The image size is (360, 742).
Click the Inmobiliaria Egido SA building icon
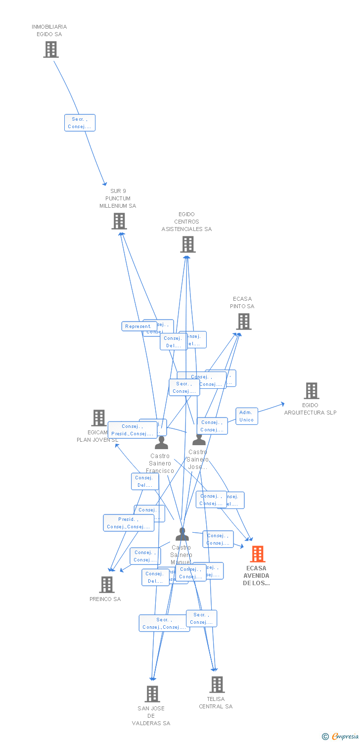click(51, 49)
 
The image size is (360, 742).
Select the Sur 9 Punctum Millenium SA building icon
click(119, 221)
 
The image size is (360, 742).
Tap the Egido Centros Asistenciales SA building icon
click(187, 244)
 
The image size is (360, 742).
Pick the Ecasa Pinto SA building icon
click(243, 322)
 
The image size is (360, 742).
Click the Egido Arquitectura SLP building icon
click(311, 391)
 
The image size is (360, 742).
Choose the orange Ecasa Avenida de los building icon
click(257, 554)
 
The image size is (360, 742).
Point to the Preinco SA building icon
click(107, 585)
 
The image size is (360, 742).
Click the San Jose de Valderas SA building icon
click(152, 694)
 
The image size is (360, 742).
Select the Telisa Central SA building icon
click(217, 685)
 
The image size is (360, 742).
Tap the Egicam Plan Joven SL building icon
click(99, 418)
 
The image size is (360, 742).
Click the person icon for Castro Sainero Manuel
click(182, 534)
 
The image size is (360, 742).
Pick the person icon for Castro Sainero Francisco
click(161, 443)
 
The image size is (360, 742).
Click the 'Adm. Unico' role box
click(246, 416)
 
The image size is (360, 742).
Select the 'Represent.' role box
click(139, 326)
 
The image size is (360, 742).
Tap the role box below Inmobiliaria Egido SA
click(80, 123)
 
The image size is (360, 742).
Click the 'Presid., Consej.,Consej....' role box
click(128, 523)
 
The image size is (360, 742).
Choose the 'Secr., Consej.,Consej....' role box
click(163, 623)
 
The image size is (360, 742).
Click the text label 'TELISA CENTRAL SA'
click(216, 702)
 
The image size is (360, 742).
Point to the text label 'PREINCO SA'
click(105, 599)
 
